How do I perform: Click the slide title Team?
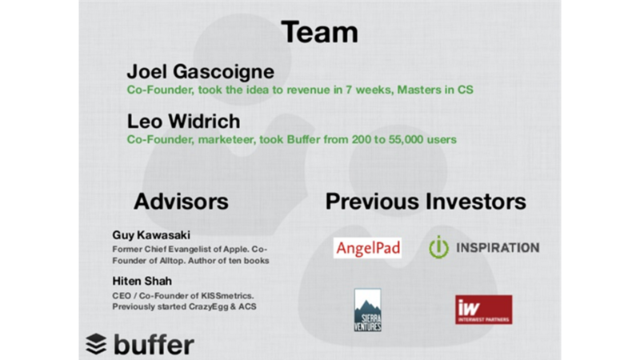319,32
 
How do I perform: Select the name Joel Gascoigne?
201,72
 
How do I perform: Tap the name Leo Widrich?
184,122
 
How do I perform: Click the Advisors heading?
181,202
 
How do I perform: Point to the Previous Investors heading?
426,202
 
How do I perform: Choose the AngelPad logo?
367,248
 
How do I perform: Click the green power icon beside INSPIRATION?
438,247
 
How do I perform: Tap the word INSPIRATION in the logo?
498,248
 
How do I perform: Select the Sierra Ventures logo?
368,310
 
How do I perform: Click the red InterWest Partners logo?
484,310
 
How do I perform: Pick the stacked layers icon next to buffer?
96,344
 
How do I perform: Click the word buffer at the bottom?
154,344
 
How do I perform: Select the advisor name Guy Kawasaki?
151,235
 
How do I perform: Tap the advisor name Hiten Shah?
142,281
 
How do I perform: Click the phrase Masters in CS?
435,90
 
